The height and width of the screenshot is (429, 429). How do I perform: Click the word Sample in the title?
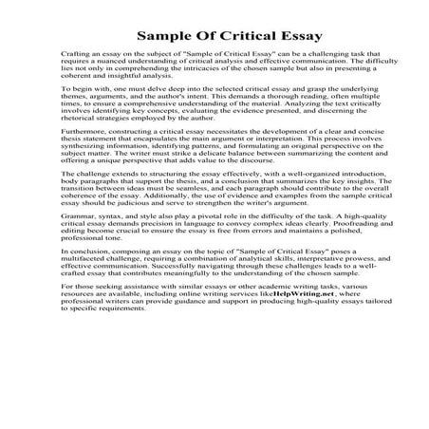coord(168,38)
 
